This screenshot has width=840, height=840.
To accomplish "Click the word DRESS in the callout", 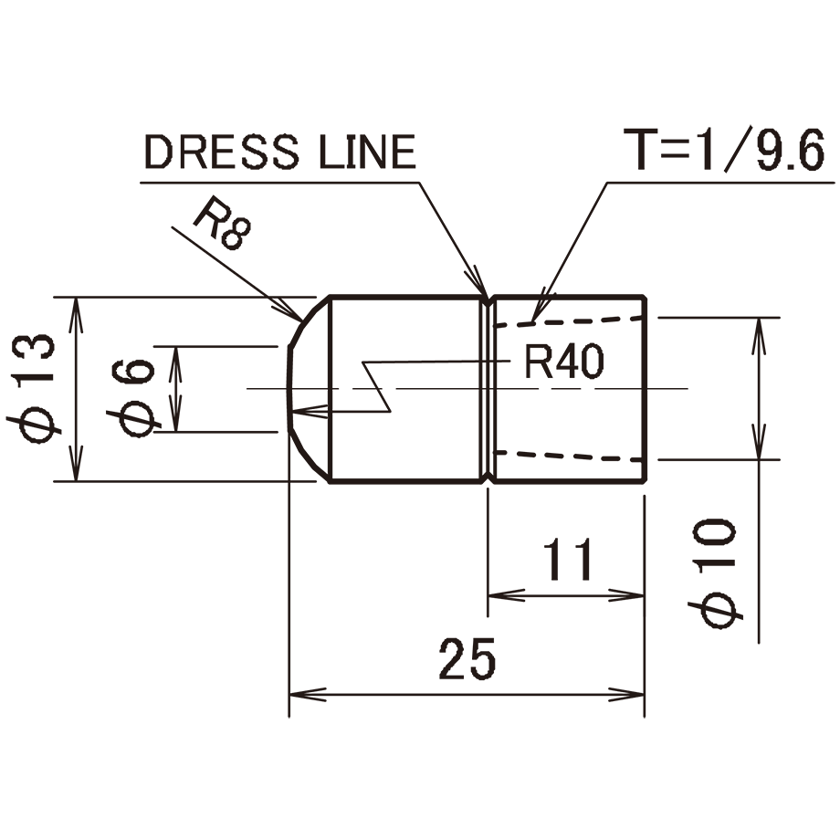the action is [x=222, y=152].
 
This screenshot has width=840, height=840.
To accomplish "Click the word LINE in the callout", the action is [x=367, y=152].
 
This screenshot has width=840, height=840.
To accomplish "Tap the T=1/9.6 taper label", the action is [x=724, y=150].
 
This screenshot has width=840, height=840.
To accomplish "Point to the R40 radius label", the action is [x=564, y=362].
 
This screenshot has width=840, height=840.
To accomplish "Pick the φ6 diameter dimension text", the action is [x=134, y=397].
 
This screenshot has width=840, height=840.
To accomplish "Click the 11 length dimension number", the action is [x=568, y=561].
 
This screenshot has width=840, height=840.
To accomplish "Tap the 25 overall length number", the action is [x=467, y=659].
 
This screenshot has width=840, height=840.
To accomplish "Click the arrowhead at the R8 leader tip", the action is [x=289, y=311].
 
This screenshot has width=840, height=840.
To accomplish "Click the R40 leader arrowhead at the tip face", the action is [x=310, y=412].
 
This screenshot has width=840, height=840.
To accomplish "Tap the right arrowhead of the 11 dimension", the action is [x=625, y=595].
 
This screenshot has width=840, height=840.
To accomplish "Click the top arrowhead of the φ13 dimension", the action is [x=77, y=315].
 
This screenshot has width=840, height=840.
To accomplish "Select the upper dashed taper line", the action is [x=569, y=321].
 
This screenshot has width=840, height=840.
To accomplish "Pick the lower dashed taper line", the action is [x=569, y=456].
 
